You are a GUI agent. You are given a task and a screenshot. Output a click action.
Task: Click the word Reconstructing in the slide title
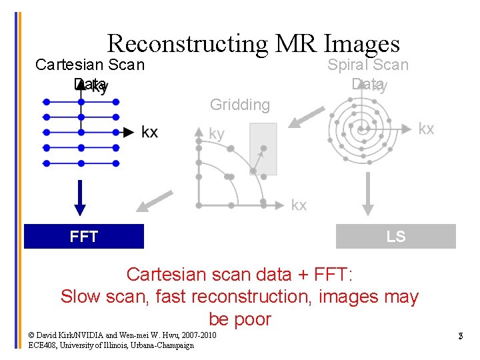coord(187,43)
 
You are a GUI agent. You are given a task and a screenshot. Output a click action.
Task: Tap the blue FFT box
coord(84,236)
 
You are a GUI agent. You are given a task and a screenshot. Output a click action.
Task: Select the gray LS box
coord(395,236)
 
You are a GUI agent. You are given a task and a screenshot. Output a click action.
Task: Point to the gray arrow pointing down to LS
coord(366,196)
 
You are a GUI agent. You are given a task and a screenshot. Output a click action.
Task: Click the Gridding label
coord(239,105)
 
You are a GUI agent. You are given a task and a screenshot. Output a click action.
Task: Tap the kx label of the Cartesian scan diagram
coord(149,132)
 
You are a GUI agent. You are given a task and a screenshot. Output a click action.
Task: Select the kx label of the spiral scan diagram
coord(425,129)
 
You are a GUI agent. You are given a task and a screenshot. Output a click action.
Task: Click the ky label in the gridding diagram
coord(217,134)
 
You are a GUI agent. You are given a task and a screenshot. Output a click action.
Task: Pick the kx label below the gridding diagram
coord(299,205)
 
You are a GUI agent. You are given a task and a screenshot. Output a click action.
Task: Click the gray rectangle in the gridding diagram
coord(263,149)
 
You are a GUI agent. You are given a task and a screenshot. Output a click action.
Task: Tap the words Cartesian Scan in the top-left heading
coord(90,65)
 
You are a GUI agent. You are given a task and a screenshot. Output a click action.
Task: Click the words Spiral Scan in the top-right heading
coord(367,65)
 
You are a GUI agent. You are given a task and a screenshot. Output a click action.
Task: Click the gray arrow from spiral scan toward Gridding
coord(301,118)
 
